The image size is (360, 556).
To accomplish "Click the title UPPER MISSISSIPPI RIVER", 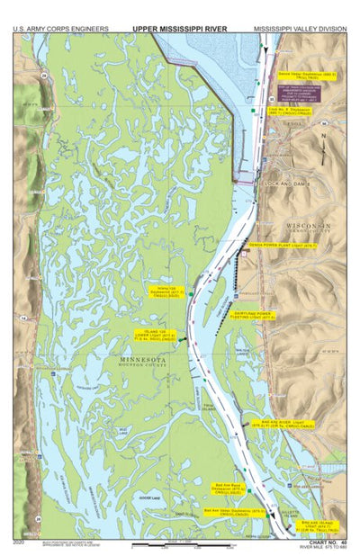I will tap(179, 28).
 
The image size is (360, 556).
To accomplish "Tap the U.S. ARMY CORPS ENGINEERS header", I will tap(60, 28).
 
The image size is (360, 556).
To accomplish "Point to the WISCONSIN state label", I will tap(309, 224).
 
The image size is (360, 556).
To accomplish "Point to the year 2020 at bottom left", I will tap(20, 542).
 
